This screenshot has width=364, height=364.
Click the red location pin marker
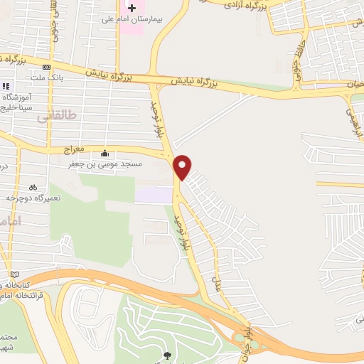[183, 166]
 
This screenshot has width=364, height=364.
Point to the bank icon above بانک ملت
[47, 67]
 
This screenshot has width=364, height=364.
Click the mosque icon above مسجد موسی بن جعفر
[105, 153]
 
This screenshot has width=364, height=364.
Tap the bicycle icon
[43, 187]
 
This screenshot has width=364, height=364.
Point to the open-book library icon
[14, 274]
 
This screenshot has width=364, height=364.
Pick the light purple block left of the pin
[154, 194]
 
